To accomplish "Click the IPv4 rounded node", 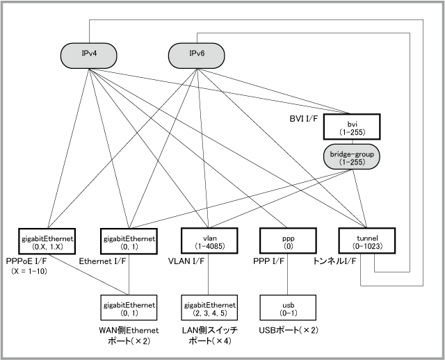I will [x=88, y=53].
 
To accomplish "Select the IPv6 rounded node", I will [x=197, y=53].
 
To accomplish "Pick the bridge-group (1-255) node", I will [x=352, y=156].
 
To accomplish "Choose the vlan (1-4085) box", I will [x=209, y=240].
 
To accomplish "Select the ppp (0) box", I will [x=287, y=240].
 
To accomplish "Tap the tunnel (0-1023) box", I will [x=366, y=240].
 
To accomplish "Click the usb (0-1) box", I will [x=287, y=307].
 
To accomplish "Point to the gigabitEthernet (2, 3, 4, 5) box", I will [x=209, y=307].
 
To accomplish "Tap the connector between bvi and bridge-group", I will [x=352, y=140].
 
